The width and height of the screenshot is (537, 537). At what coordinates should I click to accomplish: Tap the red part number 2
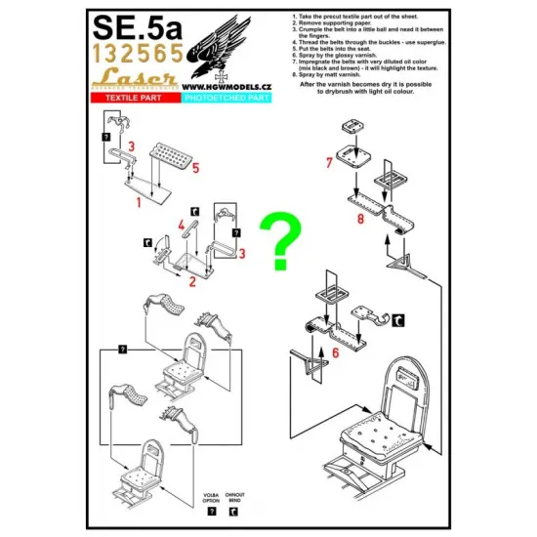[x=192, y=281]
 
